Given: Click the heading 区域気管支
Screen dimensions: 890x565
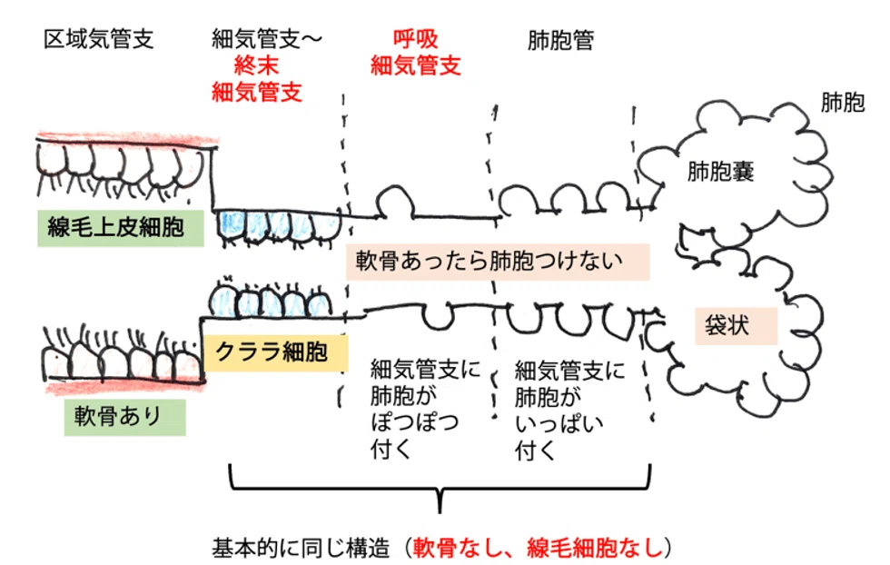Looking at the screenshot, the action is click(x=99, y=39).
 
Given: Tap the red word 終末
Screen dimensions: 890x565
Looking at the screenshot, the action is click(x=256, y=66).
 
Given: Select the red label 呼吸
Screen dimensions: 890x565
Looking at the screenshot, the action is click(x=416, y=39).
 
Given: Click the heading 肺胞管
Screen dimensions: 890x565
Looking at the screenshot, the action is click(x=561, y=40).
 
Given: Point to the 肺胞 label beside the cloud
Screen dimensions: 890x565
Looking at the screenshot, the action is click(x=843, y=103).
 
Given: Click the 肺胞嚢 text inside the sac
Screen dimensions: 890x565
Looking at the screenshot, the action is click(x=720, y=171).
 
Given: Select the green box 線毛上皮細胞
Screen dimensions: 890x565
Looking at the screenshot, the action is click(x=120, y=228).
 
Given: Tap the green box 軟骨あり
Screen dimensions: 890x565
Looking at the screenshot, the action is click(x=125, y=417).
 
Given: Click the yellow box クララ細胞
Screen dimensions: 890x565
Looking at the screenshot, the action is click(x=275, y=352).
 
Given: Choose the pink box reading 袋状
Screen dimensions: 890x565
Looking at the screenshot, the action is click(x=737, y=326).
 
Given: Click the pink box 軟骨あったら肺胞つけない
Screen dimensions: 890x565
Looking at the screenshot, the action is click(x=498, y=262).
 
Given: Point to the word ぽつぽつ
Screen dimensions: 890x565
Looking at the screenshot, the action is click(x=415, y=422).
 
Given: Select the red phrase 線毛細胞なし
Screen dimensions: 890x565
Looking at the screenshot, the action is click(x=594, y=548).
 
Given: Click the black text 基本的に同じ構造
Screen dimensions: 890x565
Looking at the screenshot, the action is click(x=301, y=549).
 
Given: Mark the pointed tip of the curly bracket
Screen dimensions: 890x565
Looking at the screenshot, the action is click(x=440, y=511).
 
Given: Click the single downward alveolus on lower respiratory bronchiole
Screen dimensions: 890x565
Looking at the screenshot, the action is click(x=438, y=317).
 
